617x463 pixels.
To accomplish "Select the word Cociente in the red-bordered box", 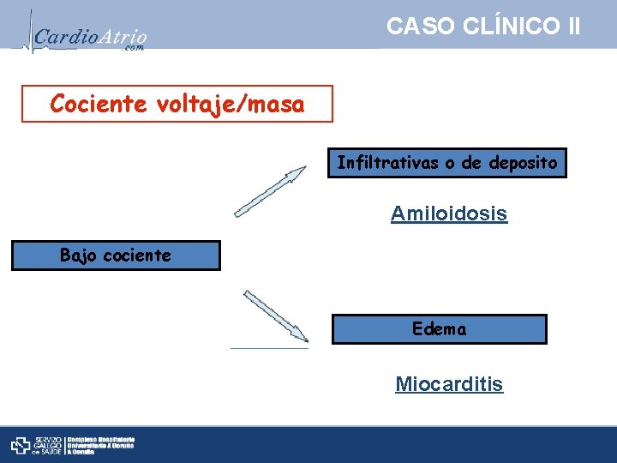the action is [x=98, y=105].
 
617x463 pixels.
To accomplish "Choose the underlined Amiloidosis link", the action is [x=449, y=213].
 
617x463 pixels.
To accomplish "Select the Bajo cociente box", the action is [x=115, y=256].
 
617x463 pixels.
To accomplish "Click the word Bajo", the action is [x=78, y=256].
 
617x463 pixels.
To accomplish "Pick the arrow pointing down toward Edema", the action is [x=275, y=316].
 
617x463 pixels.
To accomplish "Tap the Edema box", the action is [x=439, y=329].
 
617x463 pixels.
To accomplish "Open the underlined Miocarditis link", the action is [x=449, y=384].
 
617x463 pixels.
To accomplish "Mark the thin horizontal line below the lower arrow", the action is [x=269, y=348].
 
